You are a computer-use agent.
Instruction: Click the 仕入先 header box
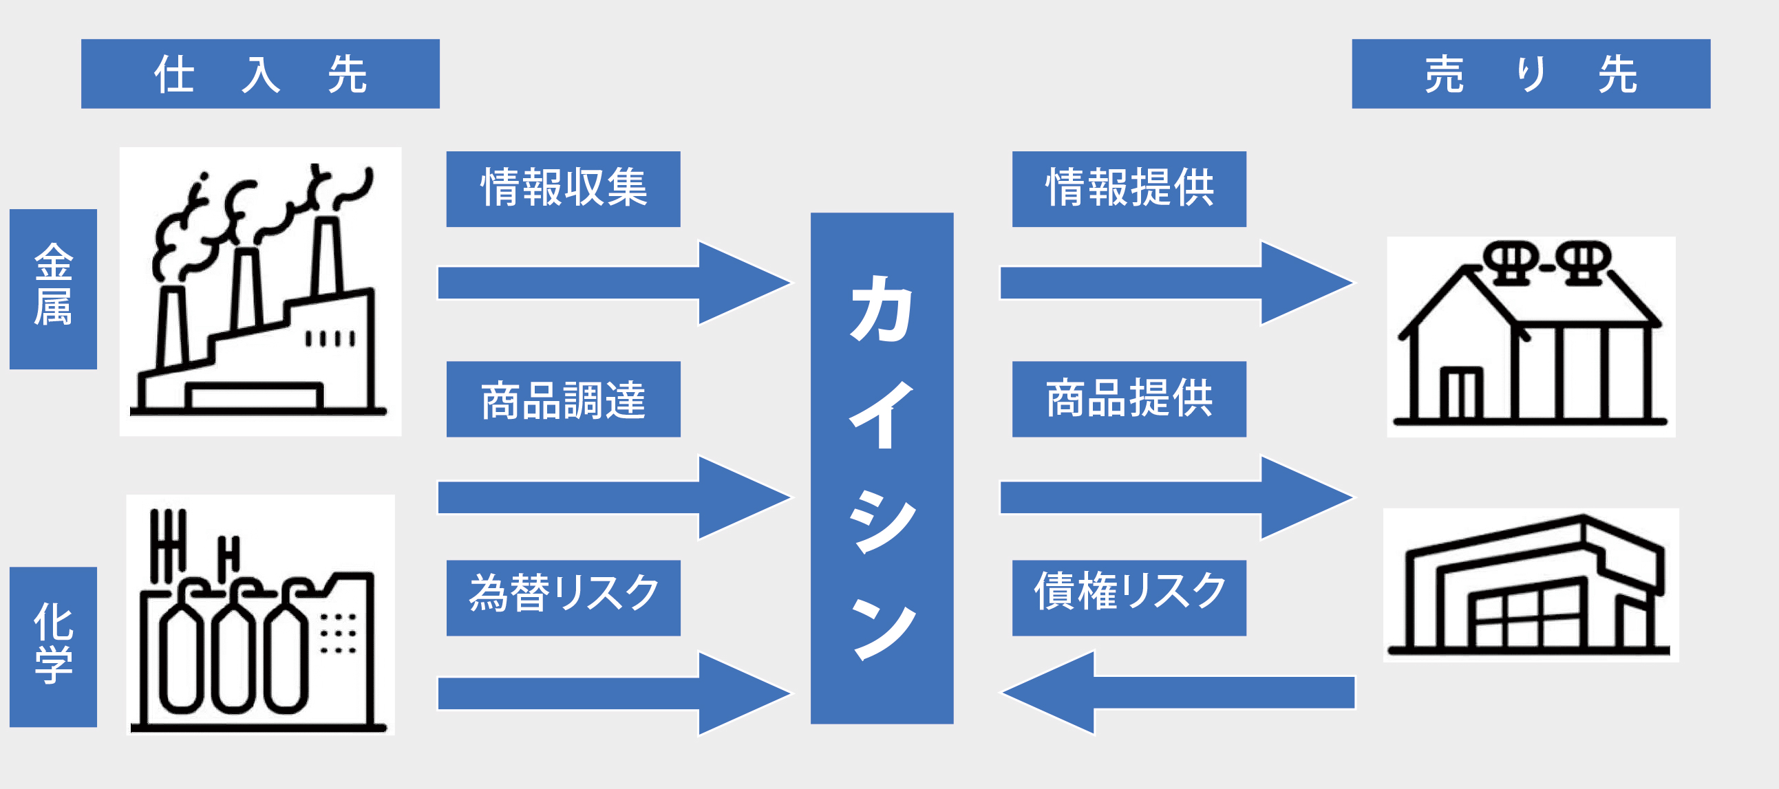[259, 74]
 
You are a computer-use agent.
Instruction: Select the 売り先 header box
[1531, 74]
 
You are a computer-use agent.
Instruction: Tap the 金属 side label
[53, 288]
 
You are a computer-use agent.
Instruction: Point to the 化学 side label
[53, 646]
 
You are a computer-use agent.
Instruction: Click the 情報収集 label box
[563, 188]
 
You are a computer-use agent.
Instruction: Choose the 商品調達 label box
[563, 399]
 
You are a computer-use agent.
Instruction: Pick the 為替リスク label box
[563, 597]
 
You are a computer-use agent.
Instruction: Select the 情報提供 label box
[1129, 188]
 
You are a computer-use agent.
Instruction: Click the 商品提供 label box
[1129, 399]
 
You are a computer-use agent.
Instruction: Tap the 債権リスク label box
[1129, 597]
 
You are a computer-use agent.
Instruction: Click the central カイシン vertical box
[881, 468]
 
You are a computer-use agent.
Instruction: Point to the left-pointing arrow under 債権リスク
[1177, 693]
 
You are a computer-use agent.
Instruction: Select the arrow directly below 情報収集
[613, 283]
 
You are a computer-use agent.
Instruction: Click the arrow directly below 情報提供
[1175, 283]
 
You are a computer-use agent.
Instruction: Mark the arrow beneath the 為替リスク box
[613, 694]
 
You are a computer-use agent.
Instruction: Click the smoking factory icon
[260, 291]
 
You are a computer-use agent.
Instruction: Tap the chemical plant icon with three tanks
[260, 614]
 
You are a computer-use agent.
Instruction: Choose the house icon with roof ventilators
[1531, 336]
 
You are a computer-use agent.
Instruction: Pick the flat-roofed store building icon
[1531, 585]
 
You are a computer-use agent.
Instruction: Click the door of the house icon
[1460, 393]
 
